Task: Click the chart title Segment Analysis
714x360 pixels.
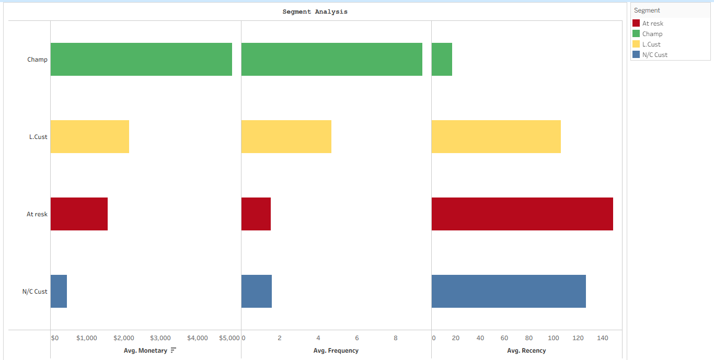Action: pyautogui.click(x=315, y=11)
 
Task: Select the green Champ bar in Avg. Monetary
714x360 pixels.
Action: pyautogui.click(x=141, y=60)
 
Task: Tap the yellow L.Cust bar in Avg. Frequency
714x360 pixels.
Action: pyautogui.click(x=286, y=137)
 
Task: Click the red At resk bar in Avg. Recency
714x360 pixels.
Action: pyautogui.click(x=522, y=214)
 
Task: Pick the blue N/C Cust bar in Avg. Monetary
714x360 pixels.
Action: pyautogui.click(x=59, y=292)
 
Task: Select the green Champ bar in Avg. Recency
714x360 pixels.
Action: pyautogui.click(x=442, y=60)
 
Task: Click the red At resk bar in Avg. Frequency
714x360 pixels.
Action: pyautogui.click(x=256, y=214)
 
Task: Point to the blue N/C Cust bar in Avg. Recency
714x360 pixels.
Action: pyautogui.click(x=508, y=292)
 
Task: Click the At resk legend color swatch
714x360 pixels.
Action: pyautogui.click(x=636, y=24)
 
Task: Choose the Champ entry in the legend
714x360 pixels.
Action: pyautogui.click(x=652, y=34)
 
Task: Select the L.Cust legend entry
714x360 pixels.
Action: pyautogui.click(x=651, y=44)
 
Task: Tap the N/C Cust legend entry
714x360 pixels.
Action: pyautogui.click(x=654, y=55)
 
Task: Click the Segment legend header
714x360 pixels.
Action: pyautogui.click(x=647, y=10)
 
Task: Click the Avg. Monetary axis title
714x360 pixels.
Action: pyautogui.click(x=145, y=351)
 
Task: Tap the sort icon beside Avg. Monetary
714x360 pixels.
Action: pyautogui.click(x=174, y=350)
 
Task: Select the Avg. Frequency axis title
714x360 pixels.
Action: pyautogui.click(x=336, y=351)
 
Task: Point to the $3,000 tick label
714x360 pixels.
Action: pyautogui.click(x=160, y=338)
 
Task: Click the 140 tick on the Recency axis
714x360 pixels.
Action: pyautogui.click(x=602, y=338)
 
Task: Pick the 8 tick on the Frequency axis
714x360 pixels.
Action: pyautogui.click(x=396, y=338)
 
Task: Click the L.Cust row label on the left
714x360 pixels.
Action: pyautogui.click(x=38, y=137)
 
